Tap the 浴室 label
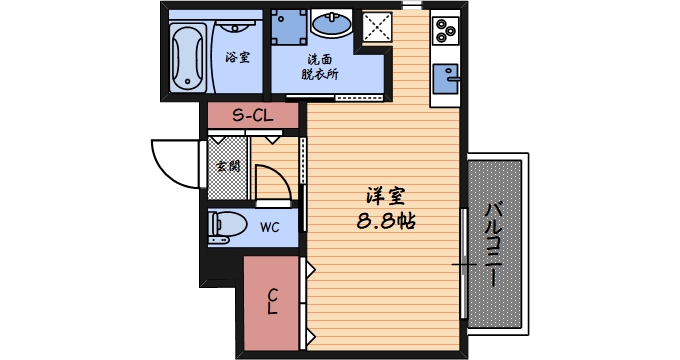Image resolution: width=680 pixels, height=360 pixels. coord(237,57)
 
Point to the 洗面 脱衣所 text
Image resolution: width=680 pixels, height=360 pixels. coord(321,66)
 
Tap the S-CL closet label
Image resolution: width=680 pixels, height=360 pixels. coord(253,115)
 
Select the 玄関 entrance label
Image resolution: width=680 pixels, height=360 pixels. coord(228,167)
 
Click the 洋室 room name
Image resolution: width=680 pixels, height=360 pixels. coord(386,197)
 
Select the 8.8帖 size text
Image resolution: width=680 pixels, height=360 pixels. coord(386,221)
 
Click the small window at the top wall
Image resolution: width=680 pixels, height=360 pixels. coord(409,5)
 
